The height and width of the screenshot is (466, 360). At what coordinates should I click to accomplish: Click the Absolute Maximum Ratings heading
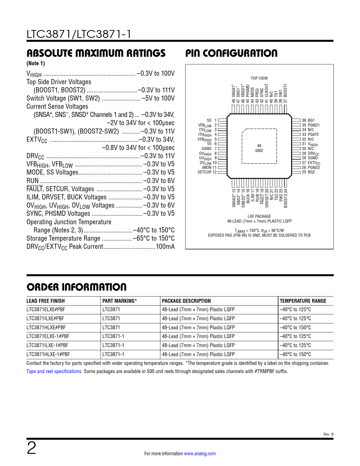96,53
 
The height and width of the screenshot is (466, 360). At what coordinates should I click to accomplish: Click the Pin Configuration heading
231,53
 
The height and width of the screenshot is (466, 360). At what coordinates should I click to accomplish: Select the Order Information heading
77,287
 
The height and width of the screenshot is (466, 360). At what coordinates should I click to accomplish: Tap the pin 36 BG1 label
308,120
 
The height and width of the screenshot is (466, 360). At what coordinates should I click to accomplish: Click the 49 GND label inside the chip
259,148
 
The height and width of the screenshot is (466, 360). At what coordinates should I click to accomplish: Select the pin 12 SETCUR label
207,172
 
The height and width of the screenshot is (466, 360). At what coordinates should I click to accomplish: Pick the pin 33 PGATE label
310,134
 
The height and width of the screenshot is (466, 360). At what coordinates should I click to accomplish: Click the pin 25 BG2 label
308,172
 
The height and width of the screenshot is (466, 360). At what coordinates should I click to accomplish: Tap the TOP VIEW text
259,78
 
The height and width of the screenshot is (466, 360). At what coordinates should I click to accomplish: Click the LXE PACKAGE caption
259,216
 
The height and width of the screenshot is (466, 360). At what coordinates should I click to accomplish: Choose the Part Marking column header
119,301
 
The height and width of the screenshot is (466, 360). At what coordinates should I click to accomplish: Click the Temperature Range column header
303,301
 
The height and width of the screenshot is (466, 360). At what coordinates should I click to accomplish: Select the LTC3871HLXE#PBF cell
46,328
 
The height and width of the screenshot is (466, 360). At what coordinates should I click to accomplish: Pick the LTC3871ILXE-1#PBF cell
47,345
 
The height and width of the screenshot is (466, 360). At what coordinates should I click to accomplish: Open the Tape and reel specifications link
54,371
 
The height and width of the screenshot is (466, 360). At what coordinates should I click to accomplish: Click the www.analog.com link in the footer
200,454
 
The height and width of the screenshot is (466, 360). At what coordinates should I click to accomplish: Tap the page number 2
31,448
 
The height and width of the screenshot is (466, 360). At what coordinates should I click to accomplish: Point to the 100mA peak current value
165,247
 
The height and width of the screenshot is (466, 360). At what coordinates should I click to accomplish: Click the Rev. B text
328,434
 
